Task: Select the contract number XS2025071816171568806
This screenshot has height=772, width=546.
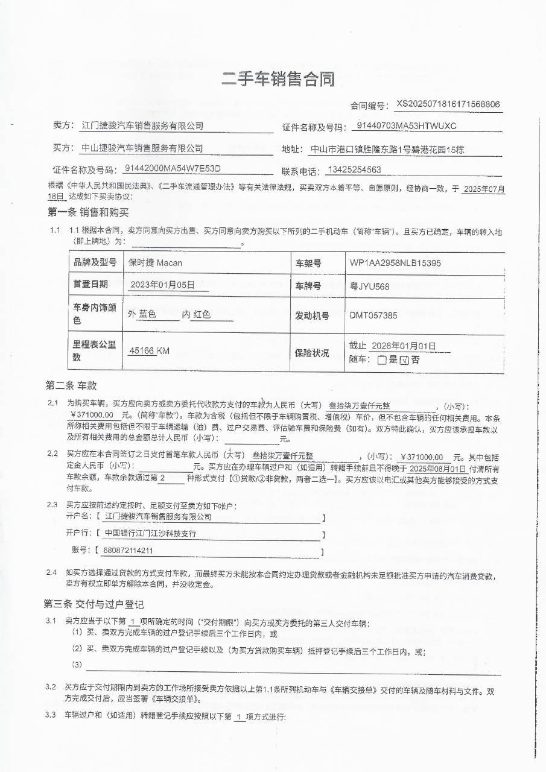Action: [448, 104]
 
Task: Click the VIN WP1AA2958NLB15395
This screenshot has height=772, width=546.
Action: [395, 263]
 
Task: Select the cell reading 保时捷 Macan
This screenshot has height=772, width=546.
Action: [155, 263]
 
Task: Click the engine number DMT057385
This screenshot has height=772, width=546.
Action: [373, 315]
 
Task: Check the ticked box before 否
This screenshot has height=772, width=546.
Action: [405, 360]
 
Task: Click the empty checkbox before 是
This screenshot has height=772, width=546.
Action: [382, 360]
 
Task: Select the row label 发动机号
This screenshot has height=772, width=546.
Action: [312, 315]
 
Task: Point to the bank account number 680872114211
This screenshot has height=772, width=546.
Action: [129, 551]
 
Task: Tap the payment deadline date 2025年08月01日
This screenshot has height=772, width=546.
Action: [437, 468]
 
